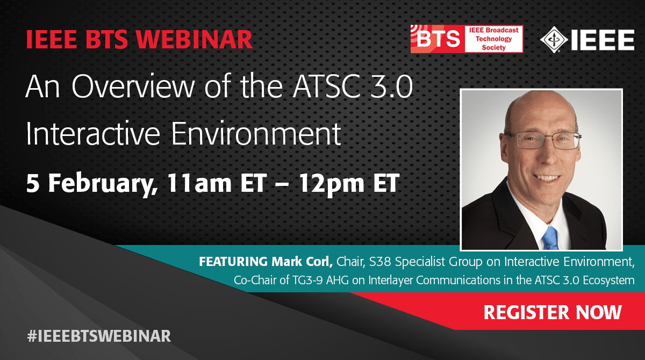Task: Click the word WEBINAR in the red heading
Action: pyautogui.click(x=195, y=39)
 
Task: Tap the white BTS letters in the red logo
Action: pyautogui.click(x=438, y=39)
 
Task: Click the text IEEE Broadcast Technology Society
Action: pyautogui.click(x=493, y=39)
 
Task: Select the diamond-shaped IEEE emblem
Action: pyautogui.click(x=554, y=40)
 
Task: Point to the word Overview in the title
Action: pyautogui.click(x=133, y=87)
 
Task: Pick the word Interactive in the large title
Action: pyautogui.click(x=93, y=134)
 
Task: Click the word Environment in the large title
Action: pyautogui.click(x=256, y=134)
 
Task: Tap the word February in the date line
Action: pyautogui.click(x=103, y=184)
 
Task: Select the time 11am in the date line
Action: pyautogui.click(x=199, y=183)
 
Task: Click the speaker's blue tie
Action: pyautogui.click(x=550, y=238)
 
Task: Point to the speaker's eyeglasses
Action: pyautogui.click(x=543, y=140)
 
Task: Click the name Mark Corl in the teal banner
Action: pyautogui.click(x=302, y=262)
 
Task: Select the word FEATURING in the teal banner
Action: pyautogui.click(x=233, y=262)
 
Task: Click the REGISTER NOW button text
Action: pyautogui.click(x=553, y=312)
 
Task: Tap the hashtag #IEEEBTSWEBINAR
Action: pyautogui.click(x=99, y=336)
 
